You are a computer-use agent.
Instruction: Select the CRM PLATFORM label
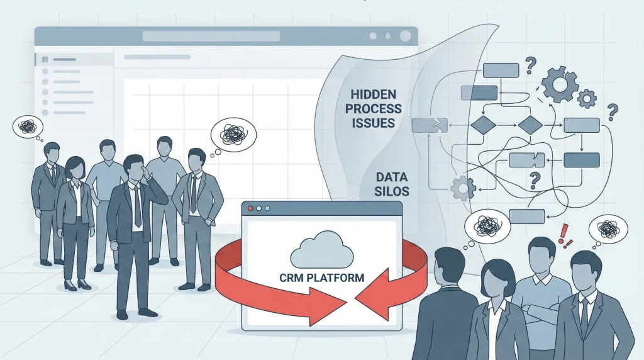tap(321, 278)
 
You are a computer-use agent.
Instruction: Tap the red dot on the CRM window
tap(252, 208)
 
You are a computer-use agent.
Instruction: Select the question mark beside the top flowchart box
tap(530, 65)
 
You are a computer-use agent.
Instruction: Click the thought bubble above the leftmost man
tap(27, 128)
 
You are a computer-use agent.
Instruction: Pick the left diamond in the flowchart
tap(483, 125)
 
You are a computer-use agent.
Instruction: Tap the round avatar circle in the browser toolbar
tap(406, 36)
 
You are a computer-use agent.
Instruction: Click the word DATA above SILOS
tap(389, 177)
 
